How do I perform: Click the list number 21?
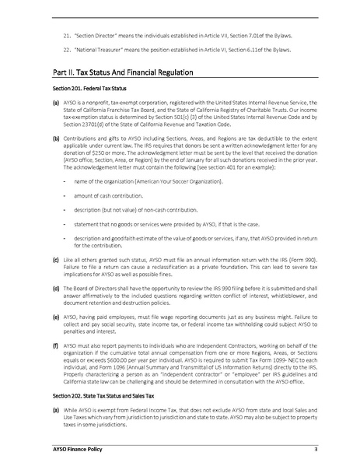click(67, 37)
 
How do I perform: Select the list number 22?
click(67, 50)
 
